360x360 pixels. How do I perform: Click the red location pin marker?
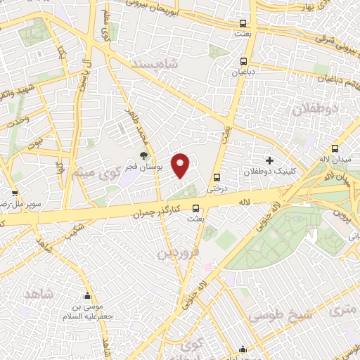[181, 165]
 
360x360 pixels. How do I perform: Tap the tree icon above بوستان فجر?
[143, 155]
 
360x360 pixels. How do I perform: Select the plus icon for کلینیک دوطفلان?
[269, 161]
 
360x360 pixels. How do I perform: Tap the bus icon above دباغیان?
[243, 60]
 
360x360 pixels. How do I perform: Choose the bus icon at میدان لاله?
[335, 149]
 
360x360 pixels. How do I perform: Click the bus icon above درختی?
[216, 177]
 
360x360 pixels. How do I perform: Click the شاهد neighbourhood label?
[39, 292]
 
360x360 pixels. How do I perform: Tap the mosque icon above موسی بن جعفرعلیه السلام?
[86, 296]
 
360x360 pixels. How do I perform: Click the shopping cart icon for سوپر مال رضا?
[15, 193]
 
